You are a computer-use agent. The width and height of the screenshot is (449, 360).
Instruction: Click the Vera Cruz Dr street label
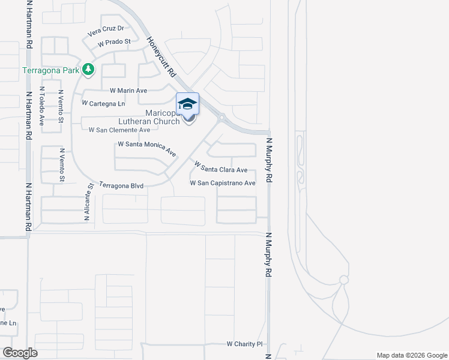coord(106,29)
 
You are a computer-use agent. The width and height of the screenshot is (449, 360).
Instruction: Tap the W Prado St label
coord(114,42)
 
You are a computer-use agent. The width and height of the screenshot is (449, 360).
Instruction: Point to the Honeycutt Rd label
coord(161,56)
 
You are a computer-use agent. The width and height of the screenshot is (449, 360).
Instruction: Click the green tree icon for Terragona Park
coord(88,70)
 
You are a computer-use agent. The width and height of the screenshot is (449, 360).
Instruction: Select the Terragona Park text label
coord(51,70)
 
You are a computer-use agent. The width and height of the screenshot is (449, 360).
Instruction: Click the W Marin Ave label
coord(128,91)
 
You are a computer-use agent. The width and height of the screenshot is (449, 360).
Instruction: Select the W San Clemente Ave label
coord(119,130)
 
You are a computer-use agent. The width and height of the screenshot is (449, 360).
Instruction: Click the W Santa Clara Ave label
coord(220,166)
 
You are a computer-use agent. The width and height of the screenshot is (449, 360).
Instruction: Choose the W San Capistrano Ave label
coord(223,183)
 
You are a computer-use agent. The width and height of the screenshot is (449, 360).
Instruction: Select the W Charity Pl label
coord(245,344)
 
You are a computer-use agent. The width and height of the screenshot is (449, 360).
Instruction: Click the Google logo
coord(20,353)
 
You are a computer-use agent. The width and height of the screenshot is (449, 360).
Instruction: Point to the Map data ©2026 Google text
coord(411,355)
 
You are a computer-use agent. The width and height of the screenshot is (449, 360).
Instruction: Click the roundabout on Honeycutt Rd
coord(221,118)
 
